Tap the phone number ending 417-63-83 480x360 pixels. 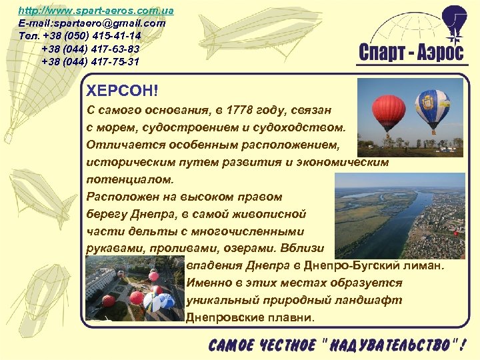click(x=91, y=49)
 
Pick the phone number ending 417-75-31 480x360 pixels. click(x=91, y=61)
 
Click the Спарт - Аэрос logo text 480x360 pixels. click(x=411, y=53)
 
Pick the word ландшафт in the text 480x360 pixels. click(x=367, y=300)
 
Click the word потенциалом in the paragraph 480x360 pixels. click(x=129, y=179)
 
